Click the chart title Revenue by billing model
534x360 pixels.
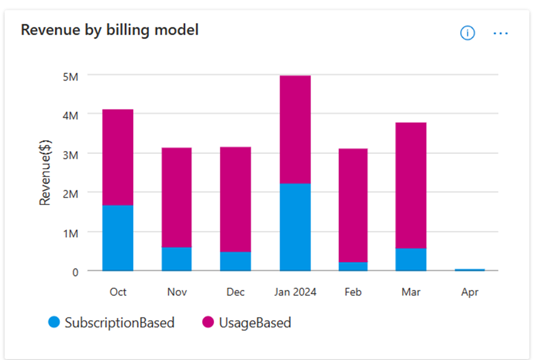tap(110, 30)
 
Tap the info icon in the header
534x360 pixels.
tap(467, 33)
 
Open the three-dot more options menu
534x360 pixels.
tap(501, 33)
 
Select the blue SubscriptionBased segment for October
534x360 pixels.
tap(118, 238)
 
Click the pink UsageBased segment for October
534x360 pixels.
tap(118, 157)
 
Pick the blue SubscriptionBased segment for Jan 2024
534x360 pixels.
tap(295, 227)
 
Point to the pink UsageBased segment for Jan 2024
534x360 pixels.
tap(295, 129)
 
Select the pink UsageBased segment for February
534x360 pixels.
tap(353, 205)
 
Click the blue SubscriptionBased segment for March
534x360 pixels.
tap(411, 260)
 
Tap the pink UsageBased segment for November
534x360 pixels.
tap(177, 197)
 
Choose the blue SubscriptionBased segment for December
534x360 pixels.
tap(236, 261)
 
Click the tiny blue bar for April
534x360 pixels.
tap(470, 270)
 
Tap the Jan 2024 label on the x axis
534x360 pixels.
tap(295, 292)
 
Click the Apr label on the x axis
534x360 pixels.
tap(470, 292)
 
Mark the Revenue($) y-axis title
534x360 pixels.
tap(45, 173)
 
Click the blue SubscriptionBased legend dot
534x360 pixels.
tap(54, 323)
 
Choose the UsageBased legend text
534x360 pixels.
tap(255, 323)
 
